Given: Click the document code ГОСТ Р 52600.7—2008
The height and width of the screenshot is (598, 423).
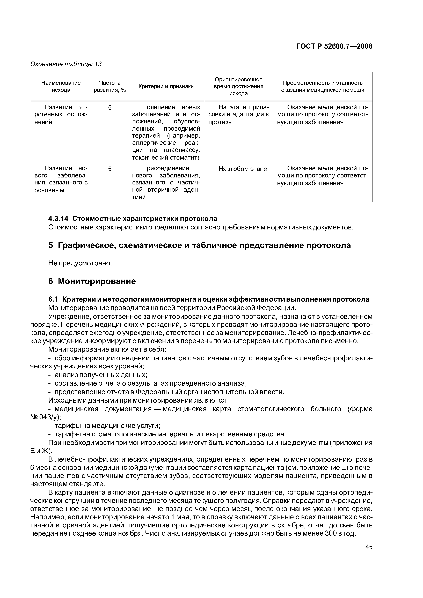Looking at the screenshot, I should [x=334, y=46].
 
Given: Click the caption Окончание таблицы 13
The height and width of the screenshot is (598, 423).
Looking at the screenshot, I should [x=66, y=64].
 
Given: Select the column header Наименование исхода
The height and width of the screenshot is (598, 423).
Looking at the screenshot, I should [x=61, y=86].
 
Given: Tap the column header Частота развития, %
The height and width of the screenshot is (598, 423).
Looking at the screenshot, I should [x=110, y=86].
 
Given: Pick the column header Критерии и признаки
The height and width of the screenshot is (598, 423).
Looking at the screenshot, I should [x=166, y=86].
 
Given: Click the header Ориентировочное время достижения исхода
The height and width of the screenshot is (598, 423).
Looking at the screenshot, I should [x=238, y=86].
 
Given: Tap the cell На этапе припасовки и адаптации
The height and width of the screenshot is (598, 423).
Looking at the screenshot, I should [x=238, y=115].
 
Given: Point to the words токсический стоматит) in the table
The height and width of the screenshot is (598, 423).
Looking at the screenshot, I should [x=166, y=158].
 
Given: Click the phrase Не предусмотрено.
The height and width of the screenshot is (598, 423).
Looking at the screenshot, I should [x=80, y=263].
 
